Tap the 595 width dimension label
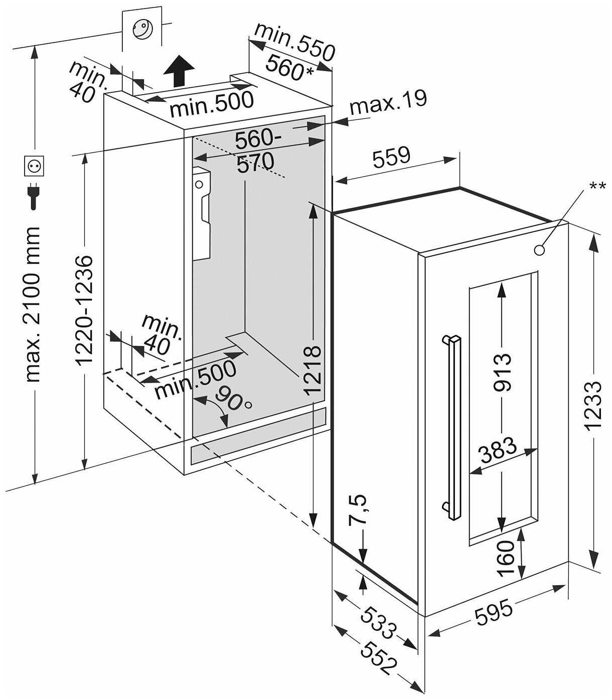click(x=495, y=612)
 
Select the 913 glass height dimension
click(x=501, y=373)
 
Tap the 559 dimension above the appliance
click(x=391, y=157)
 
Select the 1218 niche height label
click(x=313, y=369)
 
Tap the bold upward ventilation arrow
click(x=179, y=71)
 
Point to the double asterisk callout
click(x=596, y=186)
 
